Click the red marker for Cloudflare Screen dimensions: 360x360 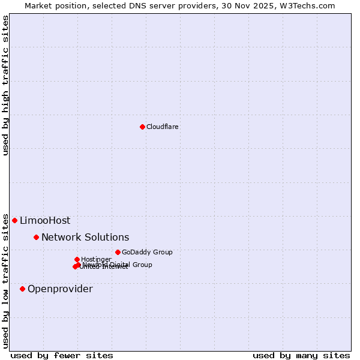click(x=142, y=127)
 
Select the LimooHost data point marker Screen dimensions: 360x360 click(x=14, y=220)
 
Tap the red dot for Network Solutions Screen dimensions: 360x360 click(x=36, y=237)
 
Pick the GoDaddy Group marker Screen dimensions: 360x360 click(x=118, y=252)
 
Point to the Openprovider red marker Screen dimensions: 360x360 click(x=22, y=289)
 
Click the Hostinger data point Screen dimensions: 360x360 click(x=77, y=259)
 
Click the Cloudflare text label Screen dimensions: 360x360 click(x=163, y=127)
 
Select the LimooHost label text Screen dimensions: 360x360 click(x=45, y=220)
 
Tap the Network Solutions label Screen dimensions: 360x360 click(x=85, y=237)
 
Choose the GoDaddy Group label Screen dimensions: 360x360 click(x=147, y=252)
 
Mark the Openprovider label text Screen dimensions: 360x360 click(x=60, y=289)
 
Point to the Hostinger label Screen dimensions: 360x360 click(x=96, y=259)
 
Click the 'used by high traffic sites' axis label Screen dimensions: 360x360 click(x=5, y=85)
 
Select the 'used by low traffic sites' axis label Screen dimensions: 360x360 click(x=5, y=281)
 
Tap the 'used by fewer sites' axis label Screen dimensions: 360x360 click(x=62, y=355)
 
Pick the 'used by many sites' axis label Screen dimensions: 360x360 click(x=301, y=355)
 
